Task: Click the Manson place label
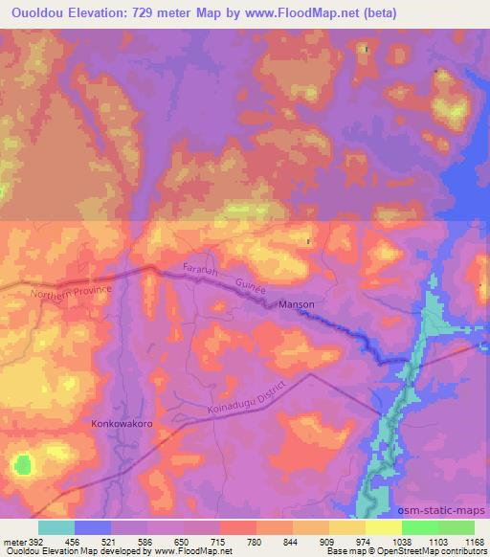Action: pos(296,304)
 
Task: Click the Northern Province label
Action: pos(71,294)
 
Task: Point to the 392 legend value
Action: pos(36,542)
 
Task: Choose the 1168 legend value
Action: pos(462,542)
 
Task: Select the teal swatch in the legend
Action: pos(56,527)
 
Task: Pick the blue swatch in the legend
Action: pos(93,527)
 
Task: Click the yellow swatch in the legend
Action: pos(384,527)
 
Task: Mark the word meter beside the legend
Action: pos(13,542)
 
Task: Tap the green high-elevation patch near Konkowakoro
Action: pos(22,465)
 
